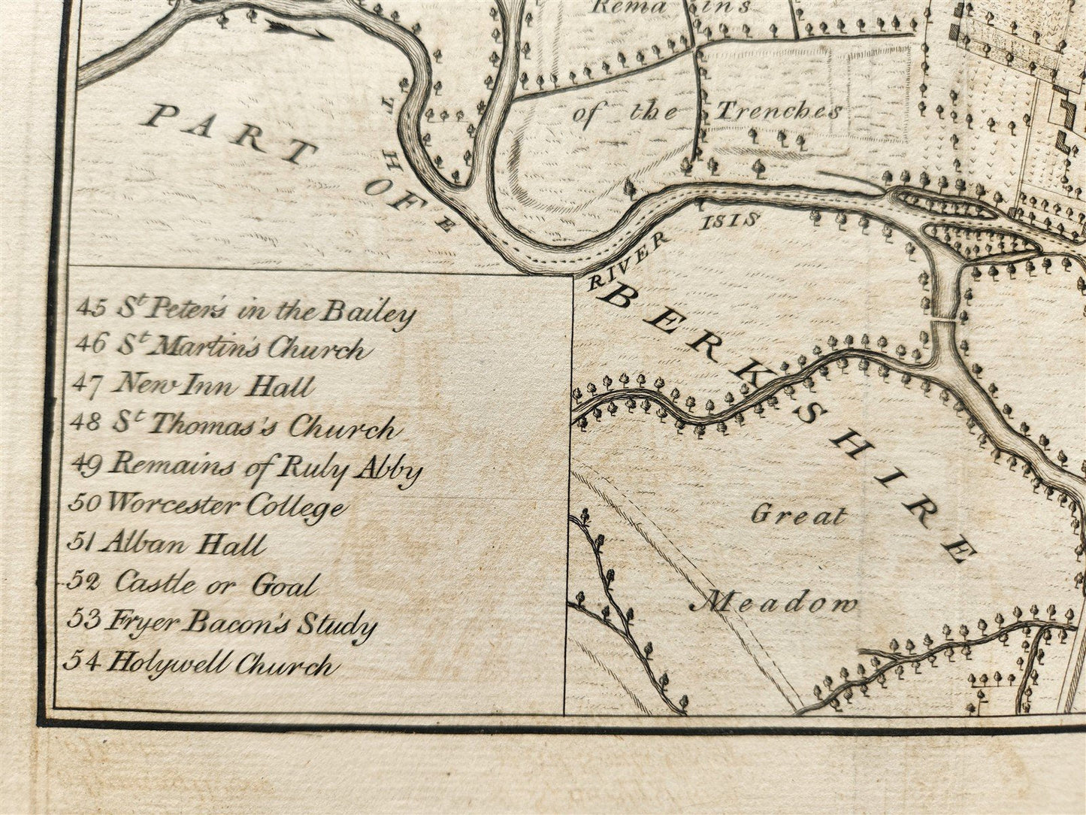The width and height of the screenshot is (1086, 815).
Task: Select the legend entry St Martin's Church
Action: pyautogui.click(x=222, y=347)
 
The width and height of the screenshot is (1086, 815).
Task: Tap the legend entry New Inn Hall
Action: pyautogui.click(x=193, y=386)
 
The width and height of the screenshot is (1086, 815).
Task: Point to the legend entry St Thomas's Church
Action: pyautogui.click(x=234, y=426)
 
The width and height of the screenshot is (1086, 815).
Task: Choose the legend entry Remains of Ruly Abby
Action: pyautogui.click(x=246, y=467)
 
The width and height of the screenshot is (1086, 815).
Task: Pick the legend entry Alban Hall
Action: pyautogui.click(x=168, y=544)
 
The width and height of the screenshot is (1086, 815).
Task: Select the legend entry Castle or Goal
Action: pyautogui.click(x=193, y=583)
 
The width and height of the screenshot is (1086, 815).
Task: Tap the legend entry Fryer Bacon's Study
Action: pyautogui.click(x=222, y=623)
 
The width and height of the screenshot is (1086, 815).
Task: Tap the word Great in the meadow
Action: pyautogui.click(x=798, y=516)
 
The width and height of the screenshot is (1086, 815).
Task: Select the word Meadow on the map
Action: pyautogui.click(x=774, y=602)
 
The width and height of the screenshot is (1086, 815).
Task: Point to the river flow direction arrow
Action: pyautogui.click(x=298, y=30)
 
